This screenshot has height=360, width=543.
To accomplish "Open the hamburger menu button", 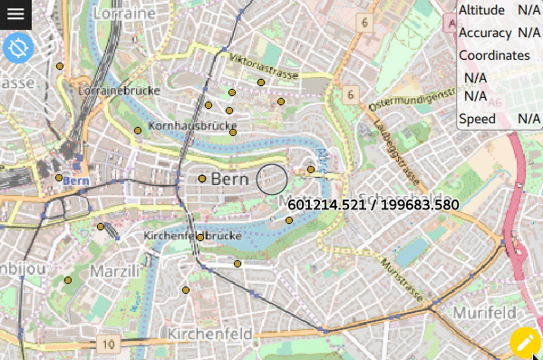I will coord(16,14).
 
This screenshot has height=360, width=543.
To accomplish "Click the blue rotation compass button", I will coord(17,47).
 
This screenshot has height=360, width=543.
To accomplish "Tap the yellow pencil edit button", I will coord(525,343).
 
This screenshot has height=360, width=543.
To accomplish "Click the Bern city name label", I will coord(229,180).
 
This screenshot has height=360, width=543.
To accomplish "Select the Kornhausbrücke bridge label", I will coord(185,125).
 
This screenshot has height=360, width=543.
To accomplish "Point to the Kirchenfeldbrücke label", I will coord(192,236).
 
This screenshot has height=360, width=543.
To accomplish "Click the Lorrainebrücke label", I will coord(119,91).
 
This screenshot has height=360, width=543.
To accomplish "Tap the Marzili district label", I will coord(115,271).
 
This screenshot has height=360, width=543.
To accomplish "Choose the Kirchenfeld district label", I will coord(209,334).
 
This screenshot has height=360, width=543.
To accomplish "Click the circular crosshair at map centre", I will coord(271,180).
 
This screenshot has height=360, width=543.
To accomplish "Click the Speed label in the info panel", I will coord(477,119).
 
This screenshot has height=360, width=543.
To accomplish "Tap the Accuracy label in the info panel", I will coord(485,33).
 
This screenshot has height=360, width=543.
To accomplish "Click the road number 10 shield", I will coord(109,345).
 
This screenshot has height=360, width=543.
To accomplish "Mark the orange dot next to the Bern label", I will coord(202,179).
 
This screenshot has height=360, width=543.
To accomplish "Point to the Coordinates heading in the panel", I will coord(494,55).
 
